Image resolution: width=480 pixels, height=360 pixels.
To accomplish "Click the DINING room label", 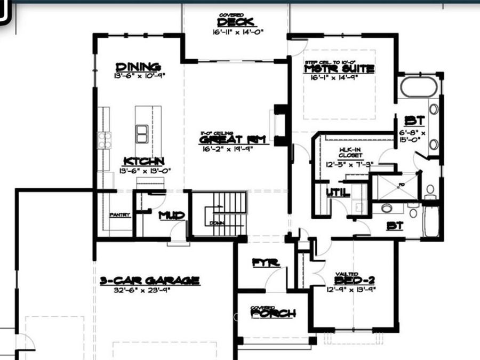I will click(138, 67).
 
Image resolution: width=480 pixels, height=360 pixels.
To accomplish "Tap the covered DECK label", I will click(236, 22).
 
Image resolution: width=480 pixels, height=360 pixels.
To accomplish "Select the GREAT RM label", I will click(225, 140).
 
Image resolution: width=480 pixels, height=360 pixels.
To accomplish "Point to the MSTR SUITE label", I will click(339, 69).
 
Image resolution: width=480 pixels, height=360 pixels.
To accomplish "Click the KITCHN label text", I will click(144, 161).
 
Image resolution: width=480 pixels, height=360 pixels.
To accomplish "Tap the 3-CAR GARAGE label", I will click(150, 281).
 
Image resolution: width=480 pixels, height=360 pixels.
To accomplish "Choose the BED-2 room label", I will click(355, 281).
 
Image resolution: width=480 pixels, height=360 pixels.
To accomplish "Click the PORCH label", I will click(273, 314).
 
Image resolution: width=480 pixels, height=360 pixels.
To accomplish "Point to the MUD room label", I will click(172, 215).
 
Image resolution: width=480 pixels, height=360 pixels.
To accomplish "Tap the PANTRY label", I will click(119, 215).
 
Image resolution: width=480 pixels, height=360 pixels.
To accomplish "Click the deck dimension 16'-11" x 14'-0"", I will click(236, 32).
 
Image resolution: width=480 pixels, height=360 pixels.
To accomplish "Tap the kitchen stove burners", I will click(104, 140).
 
